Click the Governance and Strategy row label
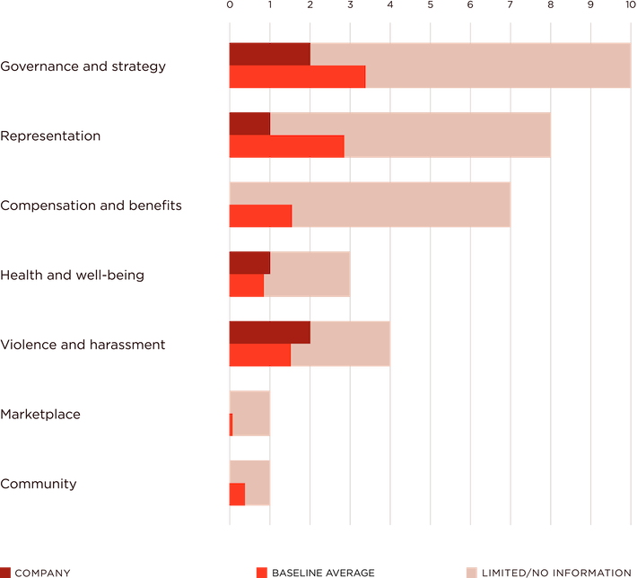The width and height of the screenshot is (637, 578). coord(83,66)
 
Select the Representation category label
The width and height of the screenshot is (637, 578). coord(50,136)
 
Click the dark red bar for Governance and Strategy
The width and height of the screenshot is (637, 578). coord(269,54)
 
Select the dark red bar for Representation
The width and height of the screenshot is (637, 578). coord(249,124)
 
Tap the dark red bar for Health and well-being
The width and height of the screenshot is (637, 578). coord(249,262)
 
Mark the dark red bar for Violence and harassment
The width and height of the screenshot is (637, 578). coord(269,332)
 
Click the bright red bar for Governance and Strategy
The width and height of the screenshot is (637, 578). coord(296,77)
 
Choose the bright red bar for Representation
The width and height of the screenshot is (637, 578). coord(285,146)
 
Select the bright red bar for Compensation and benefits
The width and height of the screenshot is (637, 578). coord(259,216)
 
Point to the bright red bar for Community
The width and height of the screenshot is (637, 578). coord(236,495)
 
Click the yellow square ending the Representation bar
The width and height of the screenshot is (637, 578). coord(570,136)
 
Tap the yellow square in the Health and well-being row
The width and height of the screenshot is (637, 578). coord(369,275)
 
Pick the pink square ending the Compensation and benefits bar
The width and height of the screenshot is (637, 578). coord(529,205)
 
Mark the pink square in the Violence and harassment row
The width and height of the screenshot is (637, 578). coord(410,344)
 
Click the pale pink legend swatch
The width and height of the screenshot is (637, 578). coord(472,572)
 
